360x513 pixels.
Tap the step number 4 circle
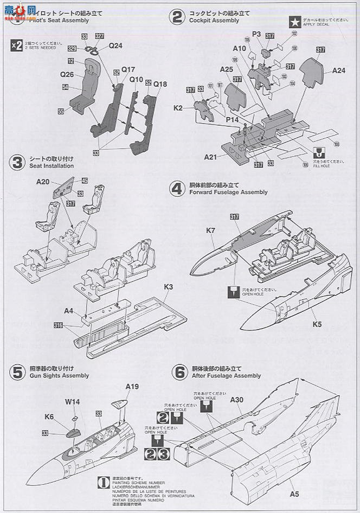point(176,189)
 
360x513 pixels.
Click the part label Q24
point(115,46)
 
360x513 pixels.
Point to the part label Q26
point(67,75)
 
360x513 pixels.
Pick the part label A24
point(339,70)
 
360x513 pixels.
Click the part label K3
point(168,286)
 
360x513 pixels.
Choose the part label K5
point(317,325)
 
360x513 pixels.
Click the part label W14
point(73,402)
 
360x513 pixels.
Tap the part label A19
point(132,387)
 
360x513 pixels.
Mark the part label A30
point(237,399)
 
